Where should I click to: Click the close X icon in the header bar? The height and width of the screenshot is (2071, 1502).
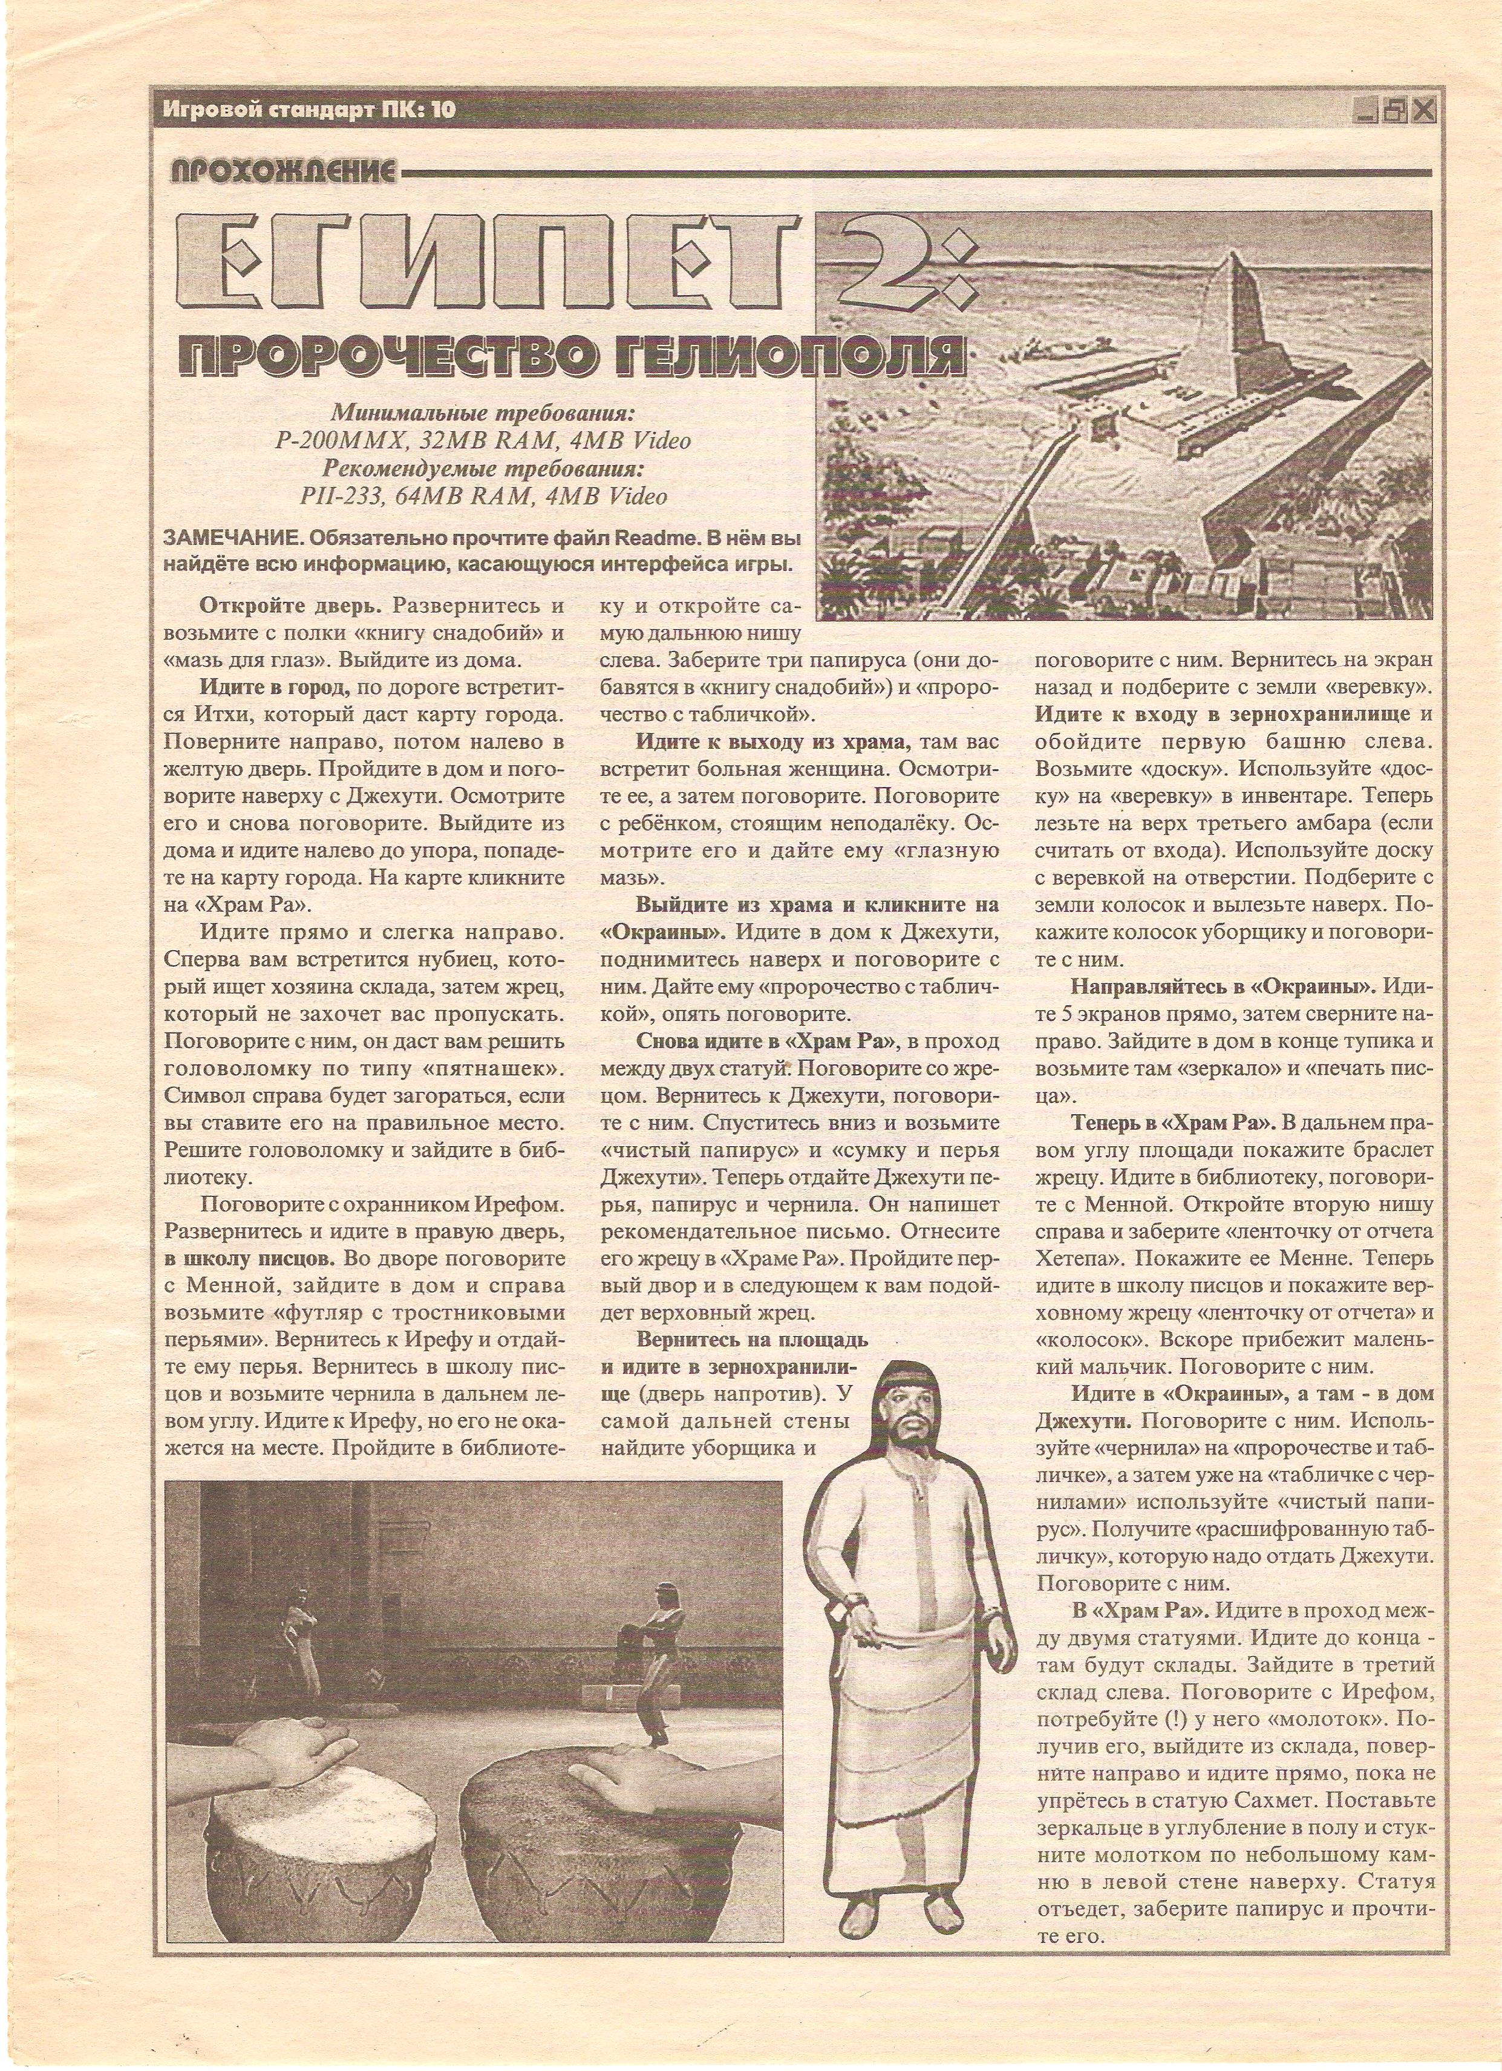click(1423, 111)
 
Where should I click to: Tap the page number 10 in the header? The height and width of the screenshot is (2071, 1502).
click(443, 111)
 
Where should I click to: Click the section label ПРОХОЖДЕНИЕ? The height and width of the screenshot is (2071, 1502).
click(284, 171)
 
